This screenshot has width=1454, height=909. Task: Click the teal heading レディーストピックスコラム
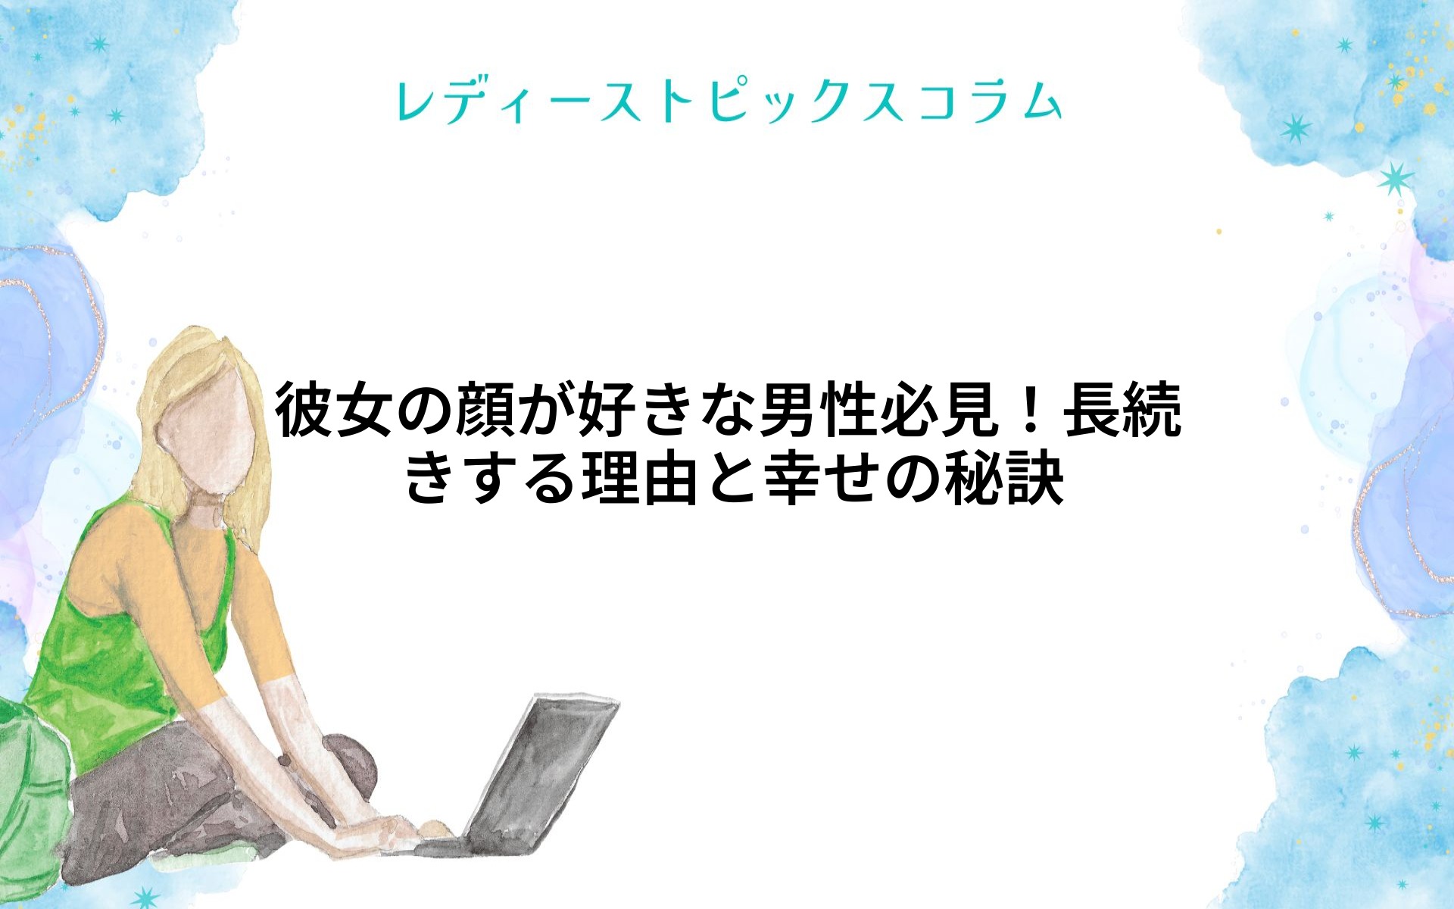pos(729,102)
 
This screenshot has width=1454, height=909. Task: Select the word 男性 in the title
pos(818,411)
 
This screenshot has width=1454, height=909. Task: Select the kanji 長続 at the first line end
pos(1122,411)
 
